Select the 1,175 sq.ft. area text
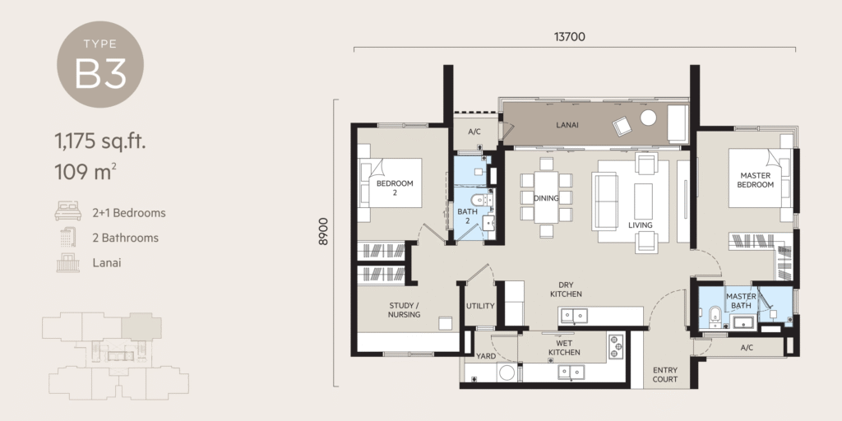click(99, 141)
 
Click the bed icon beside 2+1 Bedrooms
click(67, 213)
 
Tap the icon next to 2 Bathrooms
click(67, 238)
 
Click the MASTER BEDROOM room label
click(756, 180)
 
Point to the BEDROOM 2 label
click(395, 188)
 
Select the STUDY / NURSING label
click(404, 310)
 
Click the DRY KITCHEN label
click(566, 289)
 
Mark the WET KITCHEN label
click(565, 348)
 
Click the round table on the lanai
click(649, 118)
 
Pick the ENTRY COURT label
click(665, 375)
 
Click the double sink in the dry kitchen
click(575, 315)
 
